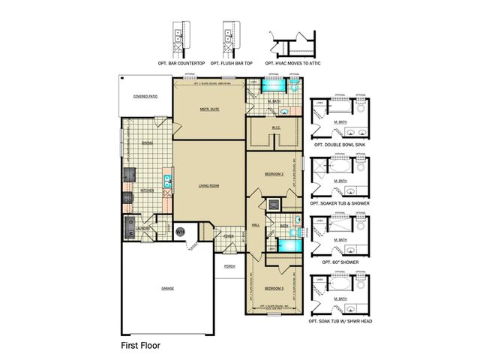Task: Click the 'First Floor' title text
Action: pos(140,346)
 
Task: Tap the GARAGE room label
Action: pos(166,288)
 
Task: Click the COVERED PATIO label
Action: pos(144,97)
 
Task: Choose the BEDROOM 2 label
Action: pos(274,175)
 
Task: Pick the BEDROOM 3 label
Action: pos(274,288)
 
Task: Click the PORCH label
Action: pos(229,267)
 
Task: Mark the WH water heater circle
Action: pos(180,232)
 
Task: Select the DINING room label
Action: pos(147,142)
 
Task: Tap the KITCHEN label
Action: pos(147,190)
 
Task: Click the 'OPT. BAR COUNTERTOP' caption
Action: pos(181,63)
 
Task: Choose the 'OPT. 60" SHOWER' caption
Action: pos(341,262)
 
